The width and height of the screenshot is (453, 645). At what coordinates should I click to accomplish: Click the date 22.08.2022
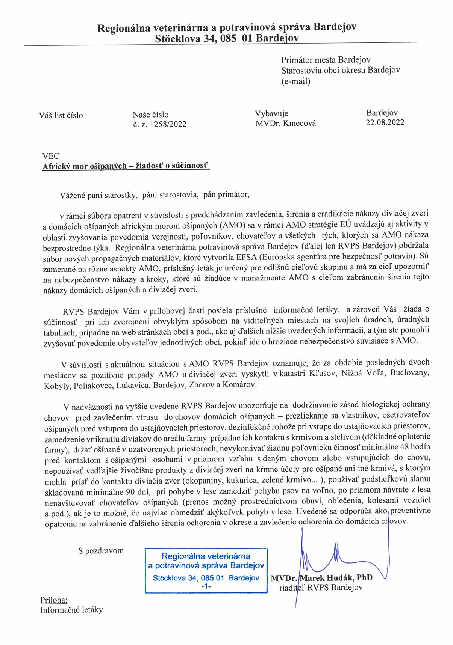385,122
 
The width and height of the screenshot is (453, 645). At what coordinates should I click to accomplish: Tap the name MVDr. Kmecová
286,123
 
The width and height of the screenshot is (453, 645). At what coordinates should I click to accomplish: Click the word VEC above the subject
51,156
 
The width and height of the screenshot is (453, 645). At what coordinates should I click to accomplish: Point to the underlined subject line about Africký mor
126,166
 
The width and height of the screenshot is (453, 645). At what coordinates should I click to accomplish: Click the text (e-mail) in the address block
296,81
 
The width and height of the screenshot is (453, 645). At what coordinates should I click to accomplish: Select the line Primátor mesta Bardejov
326,60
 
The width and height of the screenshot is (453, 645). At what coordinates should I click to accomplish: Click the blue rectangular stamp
206,570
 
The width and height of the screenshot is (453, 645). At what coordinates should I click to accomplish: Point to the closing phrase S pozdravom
101,551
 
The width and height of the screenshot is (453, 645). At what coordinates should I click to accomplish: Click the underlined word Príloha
54,600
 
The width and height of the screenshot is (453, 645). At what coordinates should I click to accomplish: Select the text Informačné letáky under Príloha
71,610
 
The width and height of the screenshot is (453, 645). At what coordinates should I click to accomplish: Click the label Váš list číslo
61,115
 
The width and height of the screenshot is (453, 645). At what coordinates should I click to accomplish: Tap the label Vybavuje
271,113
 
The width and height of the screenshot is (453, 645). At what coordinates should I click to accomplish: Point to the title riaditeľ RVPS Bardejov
321,588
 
